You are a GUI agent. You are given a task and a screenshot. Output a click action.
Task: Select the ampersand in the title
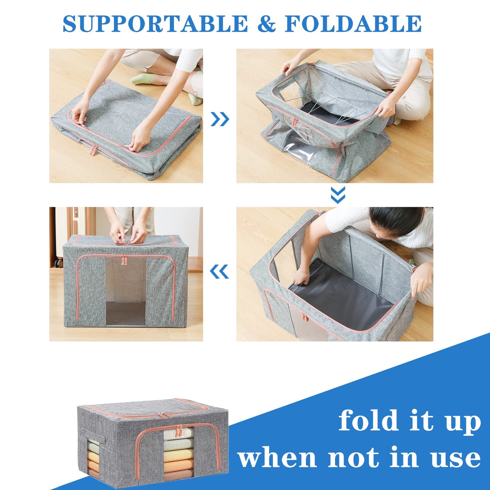point(267,24)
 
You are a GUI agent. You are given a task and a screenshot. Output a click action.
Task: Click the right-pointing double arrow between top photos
point(220,119)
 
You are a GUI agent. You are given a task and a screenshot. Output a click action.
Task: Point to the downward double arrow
point(338,195)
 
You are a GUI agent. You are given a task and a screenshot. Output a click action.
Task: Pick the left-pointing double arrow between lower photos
point(219,272)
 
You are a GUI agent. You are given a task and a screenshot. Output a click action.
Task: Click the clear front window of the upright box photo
point(126,292)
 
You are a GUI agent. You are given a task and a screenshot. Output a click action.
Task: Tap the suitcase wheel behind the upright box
point(60,262)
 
